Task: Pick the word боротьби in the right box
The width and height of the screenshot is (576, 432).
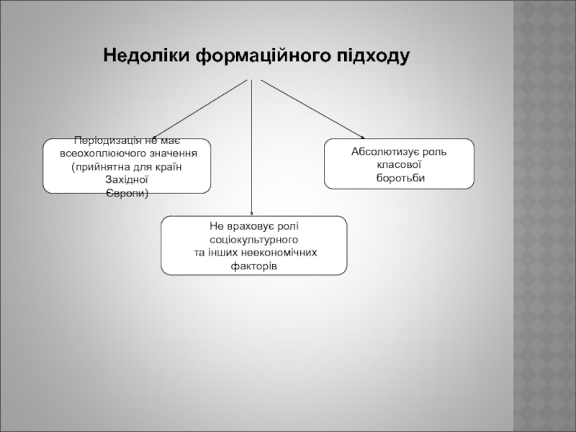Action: pos(400,178)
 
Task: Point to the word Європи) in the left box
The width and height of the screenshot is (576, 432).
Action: pos(127,193)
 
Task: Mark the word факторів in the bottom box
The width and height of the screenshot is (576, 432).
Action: pos(253,266)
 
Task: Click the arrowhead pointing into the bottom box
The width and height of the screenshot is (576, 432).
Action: pos(251,212)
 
